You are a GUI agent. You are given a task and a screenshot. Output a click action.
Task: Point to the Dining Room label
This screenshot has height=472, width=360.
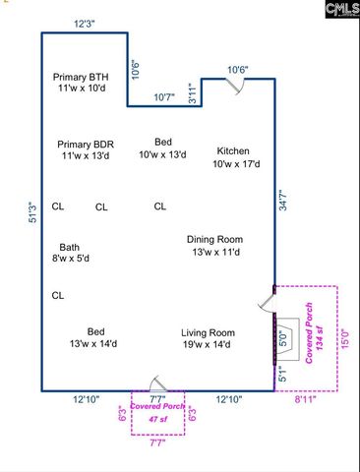(214, 245)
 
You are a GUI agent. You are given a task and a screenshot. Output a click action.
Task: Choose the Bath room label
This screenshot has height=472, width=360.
(70, 253)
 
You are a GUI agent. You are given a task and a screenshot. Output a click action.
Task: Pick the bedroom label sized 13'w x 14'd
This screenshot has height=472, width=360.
(94, 337)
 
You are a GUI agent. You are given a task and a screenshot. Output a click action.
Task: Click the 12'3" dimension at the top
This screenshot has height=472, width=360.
(85, 23)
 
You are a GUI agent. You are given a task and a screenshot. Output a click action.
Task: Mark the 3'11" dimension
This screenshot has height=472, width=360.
(193, 95)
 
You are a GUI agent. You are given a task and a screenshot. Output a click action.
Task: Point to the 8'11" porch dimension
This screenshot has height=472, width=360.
(306, 400)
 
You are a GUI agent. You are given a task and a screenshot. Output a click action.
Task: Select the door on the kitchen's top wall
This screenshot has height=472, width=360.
(232, 87)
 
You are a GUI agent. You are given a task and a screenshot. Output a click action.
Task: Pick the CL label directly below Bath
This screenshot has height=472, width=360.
(58, 295)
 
